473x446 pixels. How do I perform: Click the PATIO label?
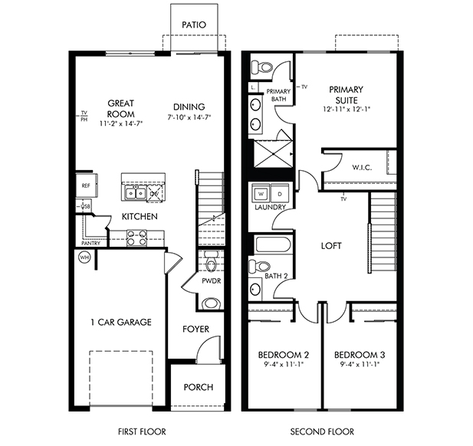click(x=194, y=25)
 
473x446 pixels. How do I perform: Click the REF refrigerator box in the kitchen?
click(x=84, y=185)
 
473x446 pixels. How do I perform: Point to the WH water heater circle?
click(x=84, y=257)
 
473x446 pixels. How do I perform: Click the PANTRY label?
click(x=90, y=243)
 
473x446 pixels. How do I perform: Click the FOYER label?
click(x=195, y=330)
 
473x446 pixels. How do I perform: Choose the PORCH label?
click(x=198, y=387)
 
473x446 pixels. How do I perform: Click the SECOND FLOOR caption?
click(x=322, y=431)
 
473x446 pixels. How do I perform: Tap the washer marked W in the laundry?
click(x=261, y=193)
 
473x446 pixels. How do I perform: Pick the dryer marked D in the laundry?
click(x=279, y=193)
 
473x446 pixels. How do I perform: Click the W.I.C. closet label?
click(x=362, y=167)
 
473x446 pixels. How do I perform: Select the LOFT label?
click(x=331, y=246)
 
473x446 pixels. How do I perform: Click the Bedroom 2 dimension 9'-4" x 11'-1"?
click(x=283, y=366)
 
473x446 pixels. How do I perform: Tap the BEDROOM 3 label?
click(x=360, y=356)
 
